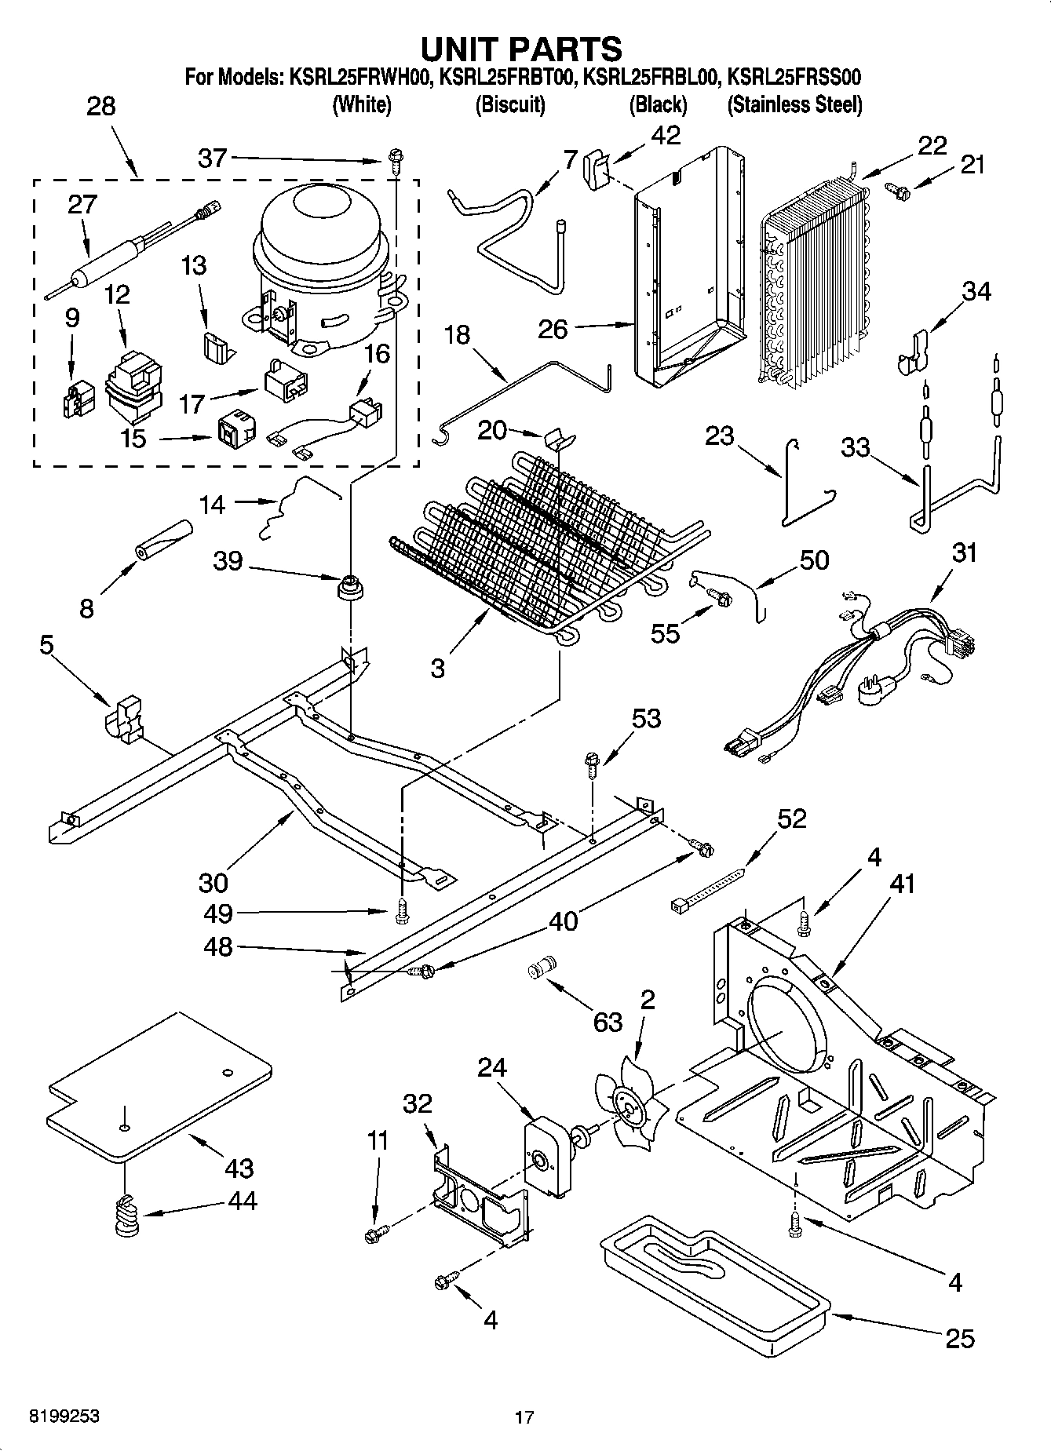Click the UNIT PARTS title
522,49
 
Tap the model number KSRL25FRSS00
794,78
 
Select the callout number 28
100,107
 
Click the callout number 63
608,1022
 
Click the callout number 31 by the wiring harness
965,552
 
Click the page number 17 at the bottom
524,1417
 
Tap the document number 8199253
64,1416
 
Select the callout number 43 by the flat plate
239,1168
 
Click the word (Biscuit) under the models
510,104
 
